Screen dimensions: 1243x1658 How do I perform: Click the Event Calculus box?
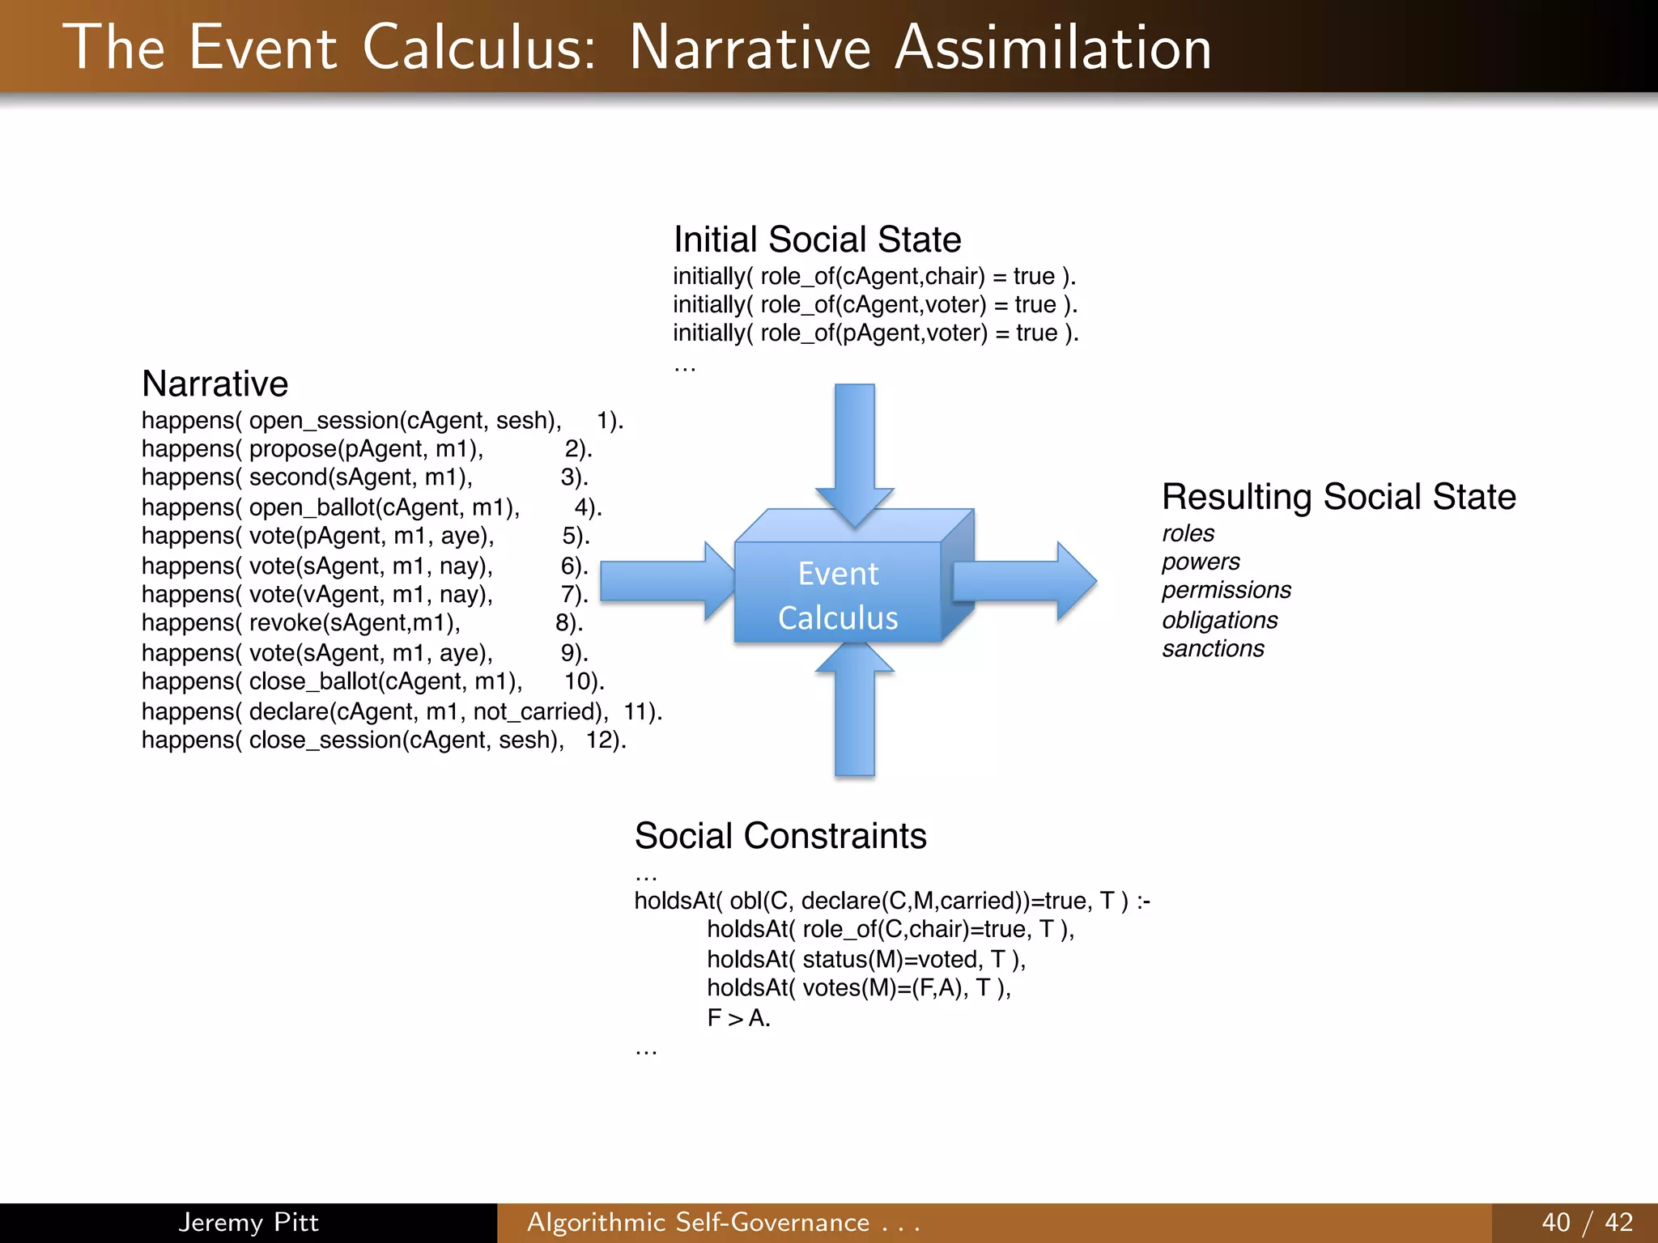[838, 595]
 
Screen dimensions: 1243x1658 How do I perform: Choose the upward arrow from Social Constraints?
[855, 712]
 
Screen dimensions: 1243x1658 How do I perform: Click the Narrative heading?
[215, 384]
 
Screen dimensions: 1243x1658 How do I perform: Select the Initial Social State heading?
[817, 240]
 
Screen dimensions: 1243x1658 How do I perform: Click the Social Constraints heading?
[780, 836]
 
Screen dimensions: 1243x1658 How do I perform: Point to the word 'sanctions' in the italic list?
[1213, 649]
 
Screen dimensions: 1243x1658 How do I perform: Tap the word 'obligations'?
[1219, 620]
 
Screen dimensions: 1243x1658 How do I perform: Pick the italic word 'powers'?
[1201, 562]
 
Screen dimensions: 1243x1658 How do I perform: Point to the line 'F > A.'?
[738, 1018]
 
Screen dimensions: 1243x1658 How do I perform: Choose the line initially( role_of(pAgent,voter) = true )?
[875, 333]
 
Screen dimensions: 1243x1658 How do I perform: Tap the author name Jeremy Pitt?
[249, 1222]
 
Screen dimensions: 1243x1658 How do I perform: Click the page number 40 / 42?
[1587, 1222]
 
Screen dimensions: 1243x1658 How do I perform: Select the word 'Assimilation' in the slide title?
[1052, 49]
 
